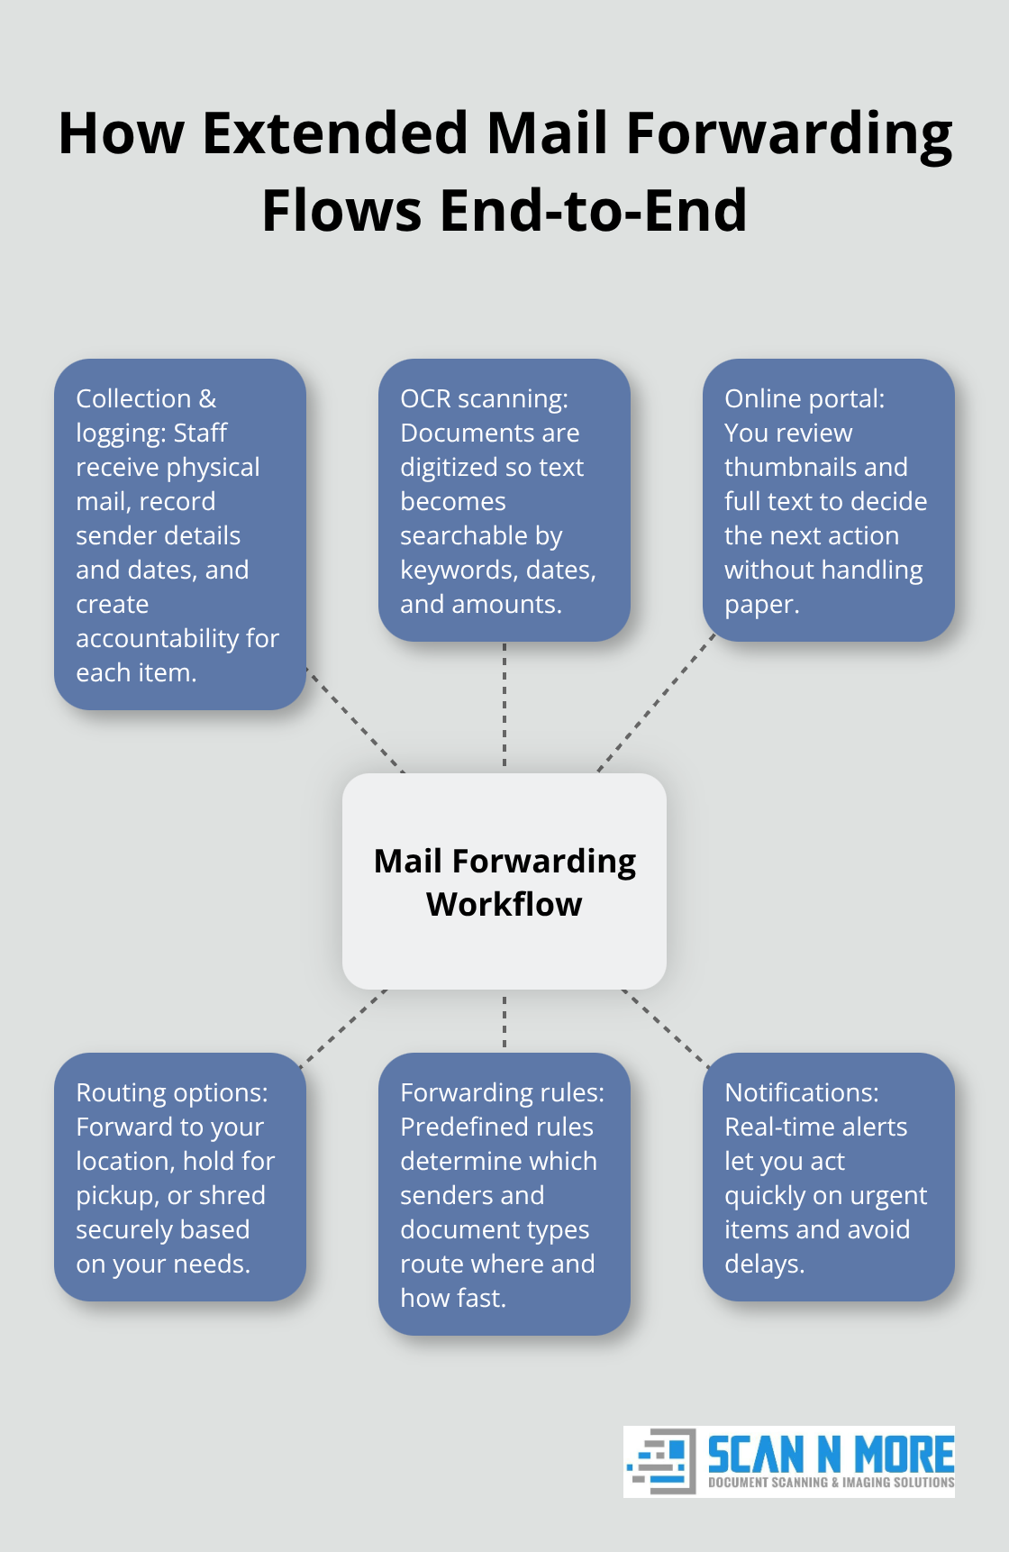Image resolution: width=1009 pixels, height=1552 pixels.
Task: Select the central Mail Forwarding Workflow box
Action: (504, 881)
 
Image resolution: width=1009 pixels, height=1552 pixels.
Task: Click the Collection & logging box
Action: (180, 534)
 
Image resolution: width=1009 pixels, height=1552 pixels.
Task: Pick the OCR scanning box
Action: (504, 500)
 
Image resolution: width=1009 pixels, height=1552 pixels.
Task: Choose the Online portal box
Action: (828, 500)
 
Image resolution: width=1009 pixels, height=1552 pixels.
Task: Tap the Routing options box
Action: (180, 1176)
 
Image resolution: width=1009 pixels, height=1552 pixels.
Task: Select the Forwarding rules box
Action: (504, 1193)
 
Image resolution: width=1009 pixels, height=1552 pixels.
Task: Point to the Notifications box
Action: (828, 1176)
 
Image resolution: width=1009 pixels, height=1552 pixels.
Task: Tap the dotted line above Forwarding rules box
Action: (504, 1021)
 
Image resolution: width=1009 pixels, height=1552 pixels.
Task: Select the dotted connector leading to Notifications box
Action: (665, 1028)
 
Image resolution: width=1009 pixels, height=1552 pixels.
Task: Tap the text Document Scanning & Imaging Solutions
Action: (831, 1483)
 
